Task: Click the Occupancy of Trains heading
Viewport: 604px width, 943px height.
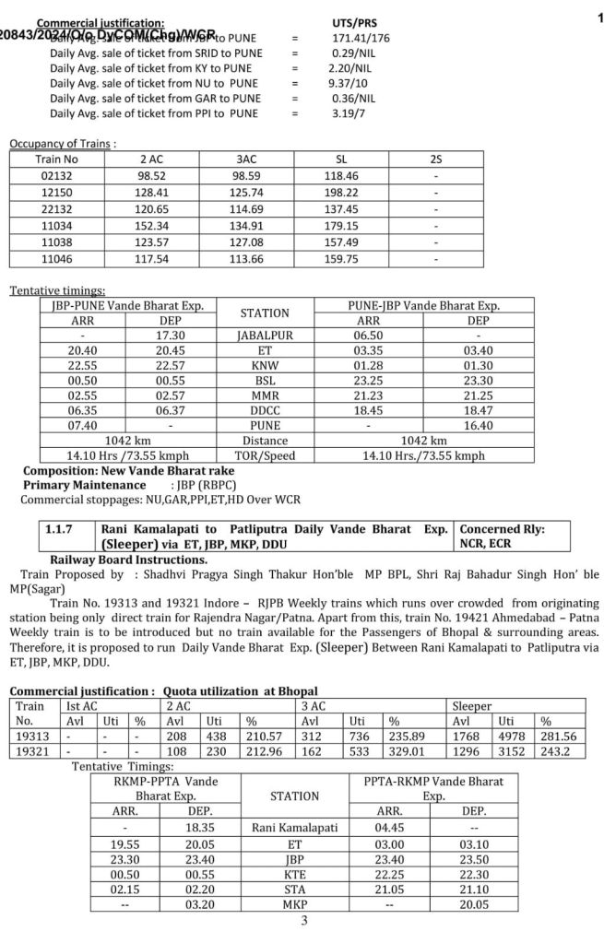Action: tap(63, 144)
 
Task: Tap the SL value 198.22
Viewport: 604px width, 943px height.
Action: tap(341, 192)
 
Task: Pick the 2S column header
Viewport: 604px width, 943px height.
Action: tap(435, 159)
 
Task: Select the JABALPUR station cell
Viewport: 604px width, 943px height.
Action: tap(265, 336)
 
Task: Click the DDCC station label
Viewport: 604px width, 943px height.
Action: tap(265, 409)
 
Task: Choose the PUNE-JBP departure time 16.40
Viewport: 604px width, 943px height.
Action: tap(478, 425)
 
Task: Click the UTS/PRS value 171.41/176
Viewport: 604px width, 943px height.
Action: tap(361, 38)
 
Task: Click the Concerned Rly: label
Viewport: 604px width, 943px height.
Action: tap(502, 530)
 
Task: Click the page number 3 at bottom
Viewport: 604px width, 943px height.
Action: tap(303, 920)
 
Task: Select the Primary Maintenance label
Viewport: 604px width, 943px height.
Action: tap(84, 485)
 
